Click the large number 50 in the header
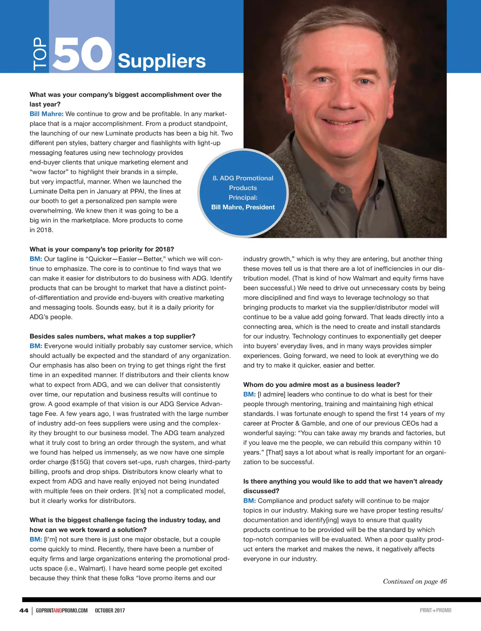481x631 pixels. tap(82, 54)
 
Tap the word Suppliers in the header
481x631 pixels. tap(162, 61)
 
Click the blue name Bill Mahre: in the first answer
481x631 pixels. tap(46, 114)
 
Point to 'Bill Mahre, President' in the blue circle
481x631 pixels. tap(243, 207)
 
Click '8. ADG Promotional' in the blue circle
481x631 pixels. tap(243, 178)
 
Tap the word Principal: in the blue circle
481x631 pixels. tap(243, 197)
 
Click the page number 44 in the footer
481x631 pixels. tap(24, 610)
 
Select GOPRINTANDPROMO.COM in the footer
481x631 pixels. tap(62, 611)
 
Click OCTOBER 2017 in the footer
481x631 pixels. tap(110, 611)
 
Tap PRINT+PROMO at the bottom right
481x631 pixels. tap(435, 610)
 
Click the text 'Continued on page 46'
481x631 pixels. tap(414, 581)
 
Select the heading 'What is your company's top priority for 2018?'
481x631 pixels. tap(102, 249)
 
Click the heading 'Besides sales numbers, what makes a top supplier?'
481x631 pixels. tap(112, 336)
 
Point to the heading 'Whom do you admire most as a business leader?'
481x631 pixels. tap(321, 385)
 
